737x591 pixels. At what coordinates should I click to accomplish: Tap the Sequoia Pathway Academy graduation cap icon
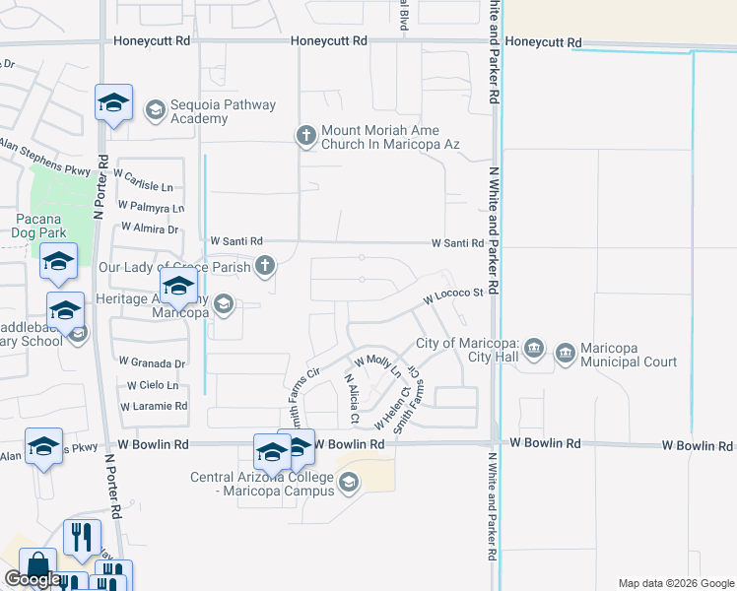click(155, 110)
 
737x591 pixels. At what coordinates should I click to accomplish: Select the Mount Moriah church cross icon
click(306, 135)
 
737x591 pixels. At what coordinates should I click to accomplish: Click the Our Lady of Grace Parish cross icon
click(265, 265)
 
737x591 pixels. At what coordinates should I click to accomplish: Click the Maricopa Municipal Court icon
click(565, 352)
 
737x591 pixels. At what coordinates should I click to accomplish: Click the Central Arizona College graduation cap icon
click(348, 482)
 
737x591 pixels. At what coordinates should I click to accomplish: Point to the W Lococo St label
click(453, 294)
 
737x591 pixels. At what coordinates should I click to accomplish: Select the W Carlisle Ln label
click(143, 186)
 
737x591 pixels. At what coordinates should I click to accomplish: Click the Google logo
click(33, 579)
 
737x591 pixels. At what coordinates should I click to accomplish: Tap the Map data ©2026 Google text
click(675, 583)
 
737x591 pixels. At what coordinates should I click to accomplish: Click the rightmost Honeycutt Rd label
click(543, 43)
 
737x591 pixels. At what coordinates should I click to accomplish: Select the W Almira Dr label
click(146, 230)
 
